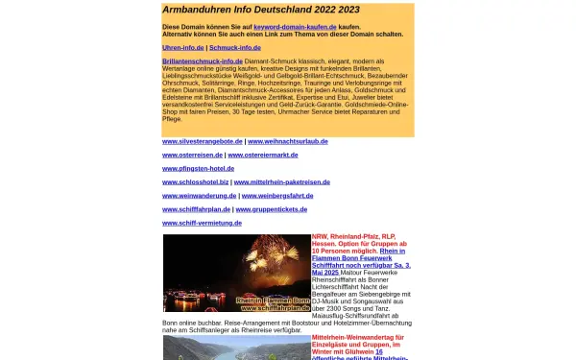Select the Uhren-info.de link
point(183,46)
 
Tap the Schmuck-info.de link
point(234,46)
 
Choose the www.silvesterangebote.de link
point(202,141)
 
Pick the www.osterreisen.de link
point(192,155)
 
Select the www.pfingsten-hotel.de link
point(200,168)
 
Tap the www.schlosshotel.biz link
point(196,181)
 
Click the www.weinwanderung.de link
point(199,195)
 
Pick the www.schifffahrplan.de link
point(196,208)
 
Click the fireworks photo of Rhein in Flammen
point(236,274)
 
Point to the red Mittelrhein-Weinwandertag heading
point(362,337)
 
